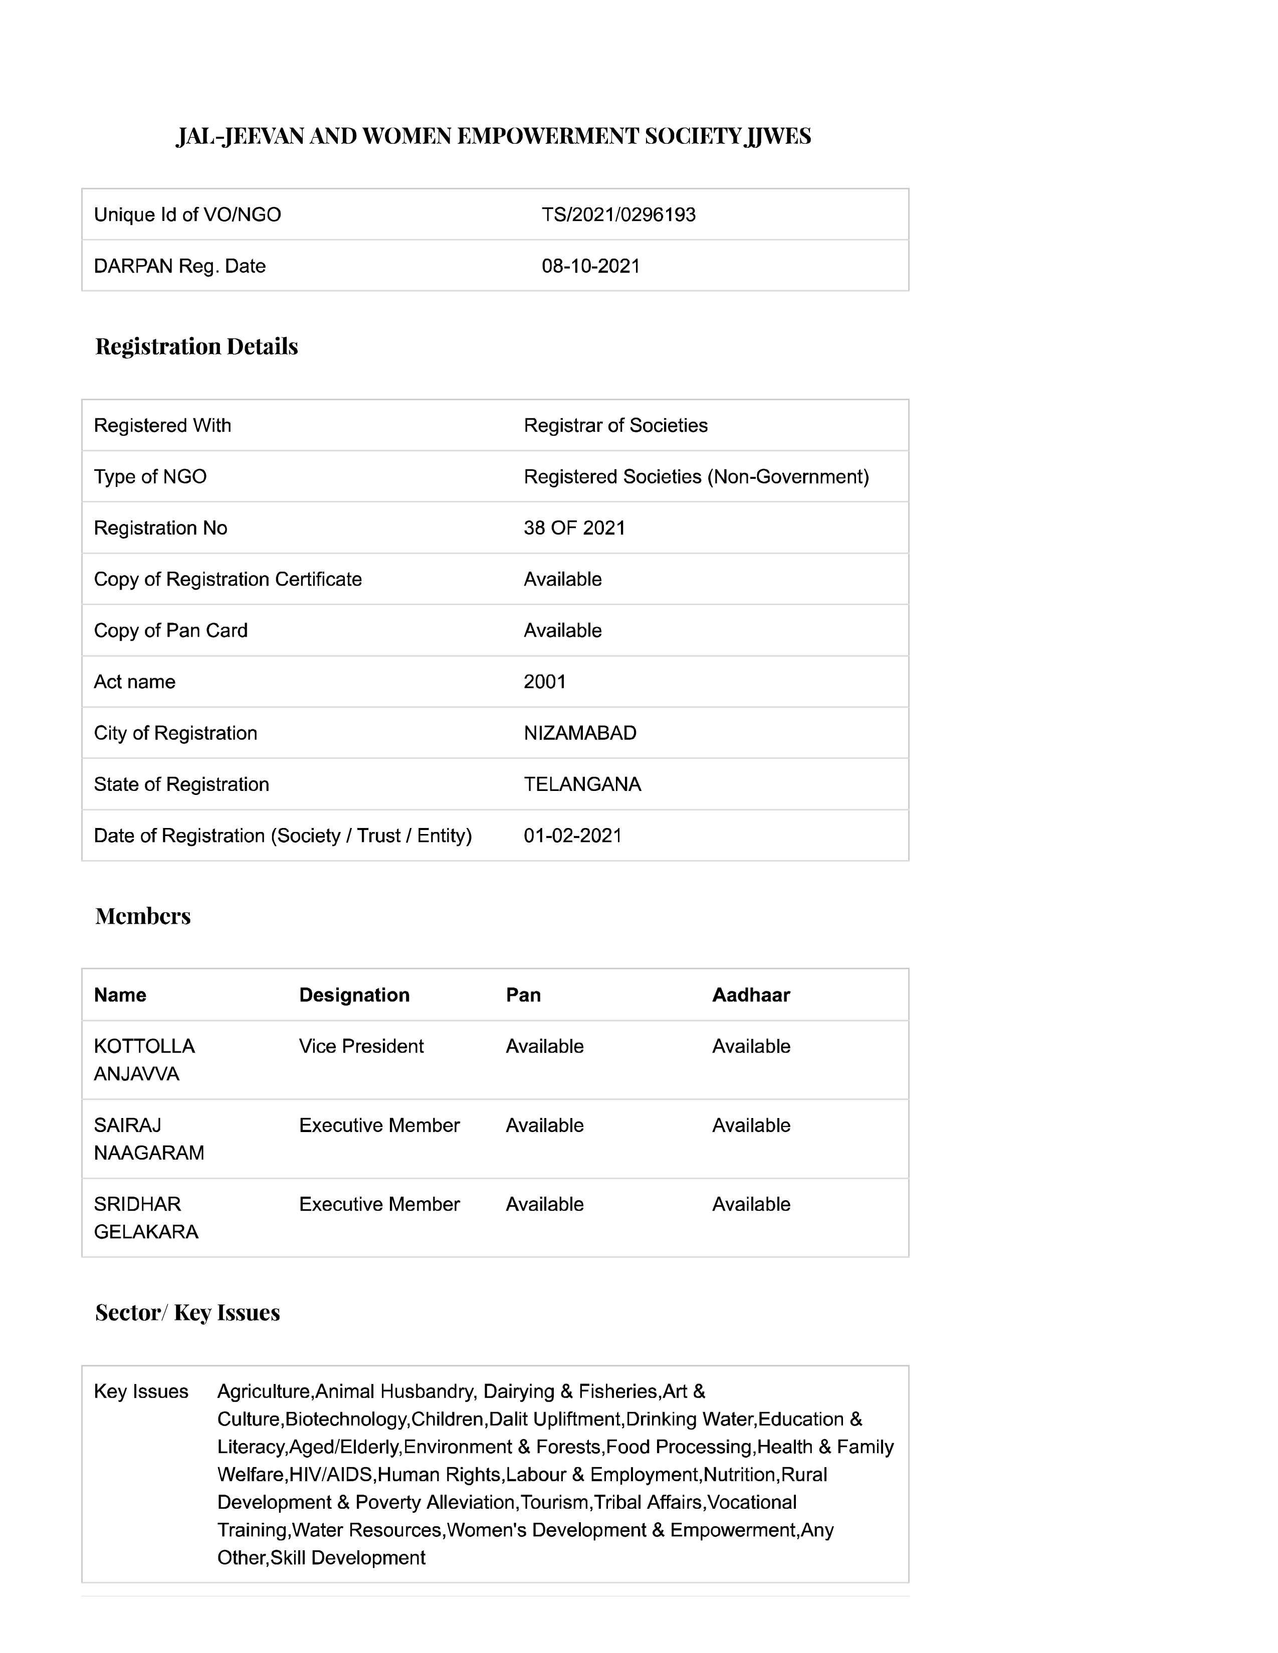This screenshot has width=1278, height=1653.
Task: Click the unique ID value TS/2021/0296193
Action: coord(618,215)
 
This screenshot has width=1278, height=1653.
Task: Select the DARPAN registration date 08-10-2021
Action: coord(590,266)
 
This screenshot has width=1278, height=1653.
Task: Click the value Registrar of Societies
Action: coord(615,425)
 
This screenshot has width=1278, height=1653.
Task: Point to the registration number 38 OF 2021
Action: coord(574,528)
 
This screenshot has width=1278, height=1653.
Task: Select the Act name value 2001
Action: coord(544,682)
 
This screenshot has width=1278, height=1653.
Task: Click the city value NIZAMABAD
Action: coord(580,733)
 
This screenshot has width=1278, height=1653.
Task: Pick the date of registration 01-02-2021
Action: coord(572,836)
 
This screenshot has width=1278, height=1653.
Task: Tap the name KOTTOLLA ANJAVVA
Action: coord(144,1060)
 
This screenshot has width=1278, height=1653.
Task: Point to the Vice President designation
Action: coord(361,1047)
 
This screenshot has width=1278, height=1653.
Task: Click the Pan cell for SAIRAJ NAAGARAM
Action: coord(544,1126)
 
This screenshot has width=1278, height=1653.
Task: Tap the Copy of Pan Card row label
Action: coord(170,631)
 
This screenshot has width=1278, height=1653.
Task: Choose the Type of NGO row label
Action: coord(150,477)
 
